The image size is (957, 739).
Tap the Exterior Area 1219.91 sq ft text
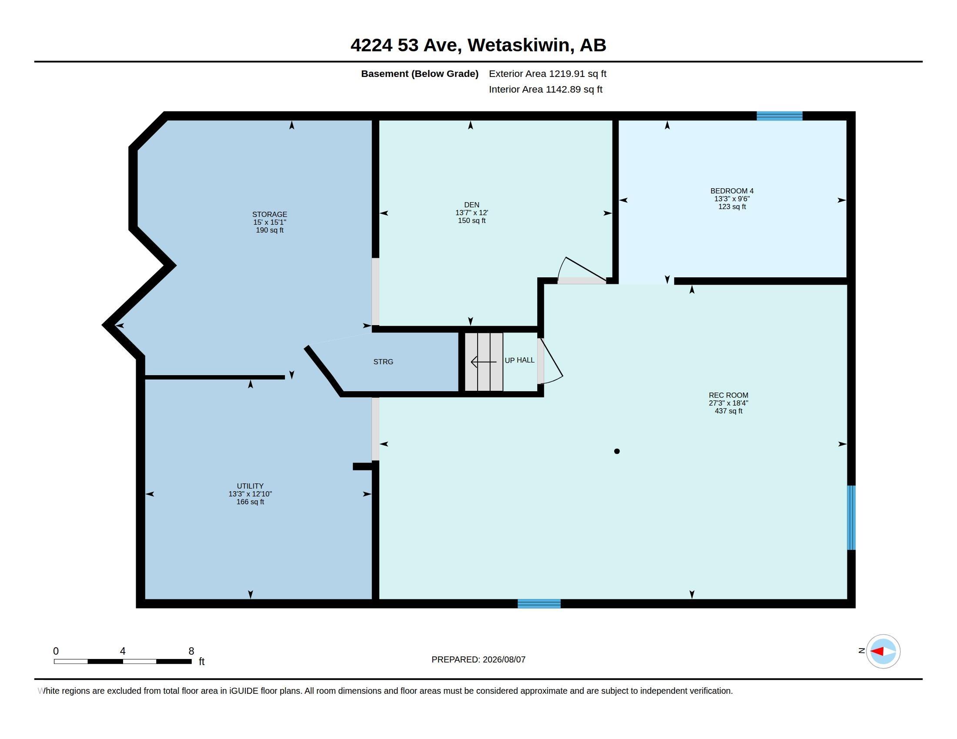point(547,73)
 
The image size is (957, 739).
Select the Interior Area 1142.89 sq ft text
point(545,89)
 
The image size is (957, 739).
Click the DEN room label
point(472,204)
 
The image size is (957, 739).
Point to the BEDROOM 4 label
point(732,191)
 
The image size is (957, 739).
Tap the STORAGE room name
point(270,214)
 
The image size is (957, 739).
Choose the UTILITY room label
point(250,486)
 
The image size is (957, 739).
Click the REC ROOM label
point(728,395)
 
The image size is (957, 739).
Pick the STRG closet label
point(383,362)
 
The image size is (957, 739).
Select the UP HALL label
point(519,360)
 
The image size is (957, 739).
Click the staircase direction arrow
point(484,362)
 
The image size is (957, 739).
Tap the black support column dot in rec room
point(616,451)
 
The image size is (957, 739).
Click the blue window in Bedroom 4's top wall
point(779,116)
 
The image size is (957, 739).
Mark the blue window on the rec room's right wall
point(851,517)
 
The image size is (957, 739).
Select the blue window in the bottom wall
point(539,604)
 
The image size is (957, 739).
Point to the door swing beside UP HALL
point(551,361)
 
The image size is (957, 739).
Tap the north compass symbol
point(883,652)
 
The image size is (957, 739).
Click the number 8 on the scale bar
point(191,651)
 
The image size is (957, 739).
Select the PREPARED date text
point(478,659)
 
